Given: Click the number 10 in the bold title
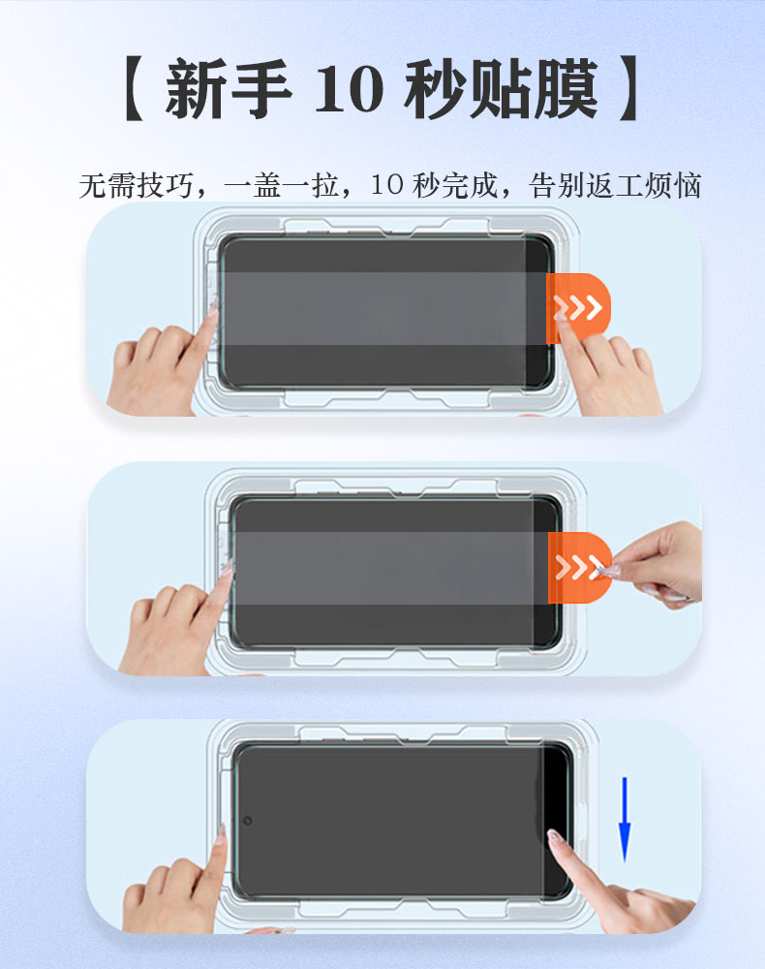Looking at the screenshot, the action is pos(349,89).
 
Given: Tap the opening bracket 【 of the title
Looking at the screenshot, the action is pos(135,89).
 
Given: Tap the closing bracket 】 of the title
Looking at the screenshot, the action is pos(628,89).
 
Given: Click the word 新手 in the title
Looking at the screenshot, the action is pos(229,89).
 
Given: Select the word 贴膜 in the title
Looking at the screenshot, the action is pos(534,89).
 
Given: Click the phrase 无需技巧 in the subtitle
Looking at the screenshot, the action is pos(137,185).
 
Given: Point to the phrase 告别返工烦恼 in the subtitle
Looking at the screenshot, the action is pos(616,185).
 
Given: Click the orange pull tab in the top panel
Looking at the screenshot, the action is pos(578,308).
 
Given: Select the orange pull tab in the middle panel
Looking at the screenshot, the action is pos(579,567).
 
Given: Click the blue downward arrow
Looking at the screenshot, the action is pos(625,820).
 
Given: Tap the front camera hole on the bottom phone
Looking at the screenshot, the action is pos(247,821).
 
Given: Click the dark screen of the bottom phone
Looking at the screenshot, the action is pos(401,821).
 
